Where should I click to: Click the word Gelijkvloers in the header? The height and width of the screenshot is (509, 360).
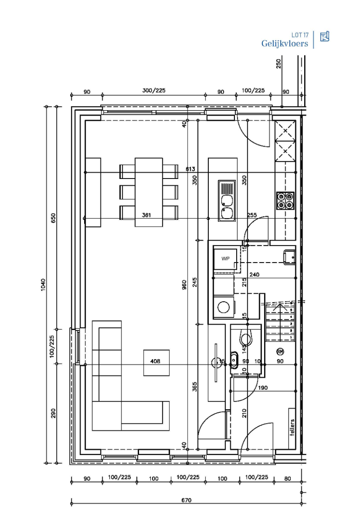tap(285, 44)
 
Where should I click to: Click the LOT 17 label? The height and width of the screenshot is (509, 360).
tap(300, 35)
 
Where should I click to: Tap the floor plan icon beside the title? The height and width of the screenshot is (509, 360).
tap(324, 37)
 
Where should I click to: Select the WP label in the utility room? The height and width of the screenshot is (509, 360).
tap(225, 259)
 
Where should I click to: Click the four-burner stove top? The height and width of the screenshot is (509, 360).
tap(285, 201)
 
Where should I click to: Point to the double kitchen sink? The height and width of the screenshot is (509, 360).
tap(226, 201)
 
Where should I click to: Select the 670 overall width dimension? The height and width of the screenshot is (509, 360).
tap(186, 500)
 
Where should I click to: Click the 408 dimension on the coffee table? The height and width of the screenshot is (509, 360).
tap(155, 361)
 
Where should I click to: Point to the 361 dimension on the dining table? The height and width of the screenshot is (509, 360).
tap(146, 215)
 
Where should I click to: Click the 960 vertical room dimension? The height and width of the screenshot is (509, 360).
tap(184, 286)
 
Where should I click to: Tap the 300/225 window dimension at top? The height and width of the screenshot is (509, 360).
tap(154, 90)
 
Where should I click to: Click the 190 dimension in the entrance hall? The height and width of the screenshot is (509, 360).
tap(263, 387)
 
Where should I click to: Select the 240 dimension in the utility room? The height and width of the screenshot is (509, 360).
tap(255, 274)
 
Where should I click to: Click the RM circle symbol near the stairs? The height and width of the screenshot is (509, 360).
tap(280, 352)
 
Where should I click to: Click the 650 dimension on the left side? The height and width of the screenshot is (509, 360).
tap(53, 218)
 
